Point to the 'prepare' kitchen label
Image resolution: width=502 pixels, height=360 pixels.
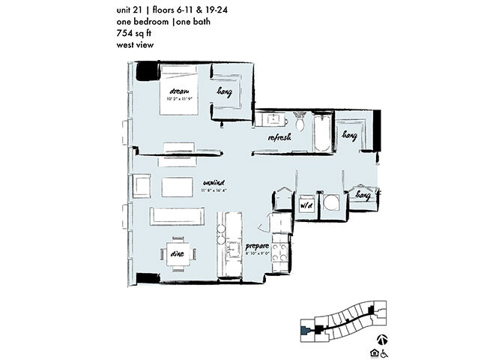[256, 247]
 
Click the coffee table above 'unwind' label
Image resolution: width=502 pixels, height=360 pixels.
[183, 184]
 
